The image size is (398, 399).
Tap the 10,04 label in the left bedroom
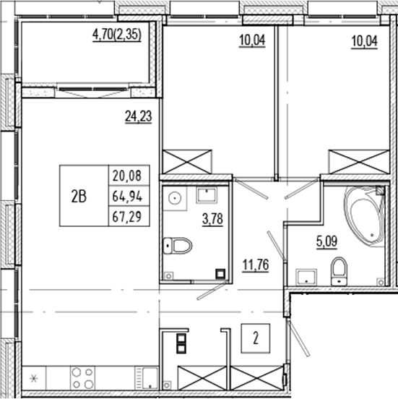click(x=252, y=40)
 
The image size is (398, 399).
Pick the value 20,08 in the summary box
click(x=126, y=176)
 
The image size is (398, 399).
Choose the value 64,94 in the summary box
click(x=126, y=196)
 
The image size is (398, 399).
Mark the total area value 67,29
click(x=126, y=216)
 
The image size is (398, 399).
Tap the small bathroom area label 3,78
click(x=212, y=219)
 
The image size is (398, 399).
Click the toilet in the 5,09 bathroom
click(x=338, y=272)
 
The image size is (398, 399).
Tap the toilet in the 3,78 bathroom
click(x=179, y=247)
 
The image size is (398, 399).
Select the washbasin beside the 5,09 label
click(x=306, y=276)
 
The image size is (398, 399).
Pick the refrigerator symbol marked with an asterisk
click(x=33, y=377)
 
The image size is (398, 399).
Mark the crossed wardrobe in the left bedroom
click(x=188, y=161)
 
